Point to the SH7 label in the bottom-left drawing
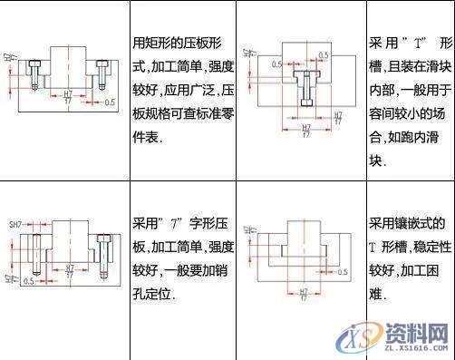pyautogui.click(x=14, y=224)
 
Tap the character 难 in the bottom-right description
pyautogui.click(x=376, y=294)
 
